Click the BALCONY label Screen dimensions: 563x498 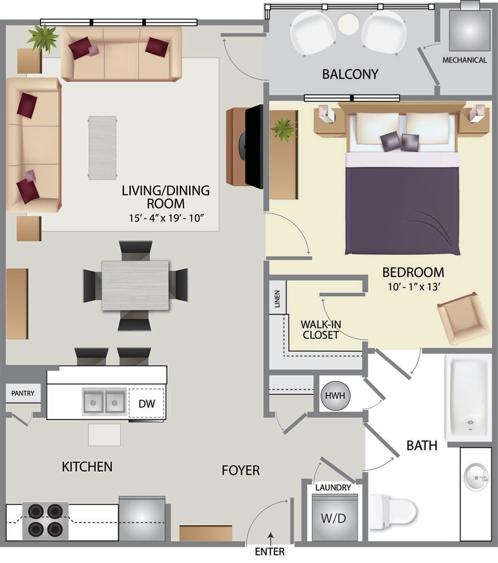coord(350,74)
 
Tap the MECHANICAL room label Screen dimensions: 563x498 coord(464,60)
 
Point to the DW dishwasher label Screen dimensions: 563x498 coord(146,403)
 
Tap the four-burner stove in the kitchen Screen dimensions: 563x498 coord(45,520)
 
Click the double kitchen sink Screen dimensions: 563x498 coord(105,402)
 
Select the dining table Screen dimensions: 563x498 coord(135,286)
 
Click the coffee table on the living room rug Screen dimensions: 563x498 coord(102,147)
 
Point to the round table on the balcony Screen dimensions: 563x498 coord(348,25)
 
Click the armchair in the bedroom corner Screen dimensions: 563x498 coord(463,318)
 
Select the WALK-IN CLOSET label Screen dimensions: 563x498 coord(321,330)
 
